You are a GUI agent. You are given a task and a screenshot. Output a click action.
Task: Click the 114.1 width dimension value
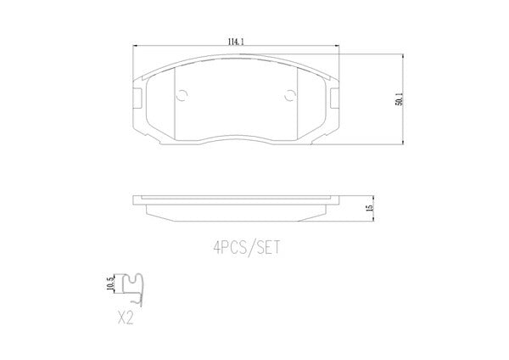click(x=236, y=42)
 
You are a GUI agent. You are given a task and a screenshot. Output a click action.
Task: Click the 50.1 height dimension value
click(x=399, y=99)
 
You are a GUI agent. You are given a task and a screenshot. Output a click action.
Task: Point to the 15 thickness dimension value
click(x=369, y=208)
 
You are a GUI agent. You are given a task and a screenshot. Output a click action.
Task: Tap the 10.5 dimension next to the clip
click(x=111, y=284)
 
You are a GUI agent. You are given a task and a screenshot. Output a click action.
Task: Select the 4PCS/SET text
click(x=246, y=248)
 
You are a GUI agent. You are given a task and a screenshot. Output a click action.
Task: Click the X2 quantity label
click(x=126, y=318)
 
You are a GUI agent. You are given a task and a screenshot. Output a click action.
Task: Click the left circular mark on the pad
click(x=182, y=95)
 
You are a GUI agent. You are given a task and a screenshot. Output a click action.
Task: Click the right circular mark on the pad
click(x=290, y=96)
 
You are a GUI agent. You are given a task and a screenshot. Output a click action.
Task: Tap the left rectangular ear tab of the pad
click(x=137, y=98)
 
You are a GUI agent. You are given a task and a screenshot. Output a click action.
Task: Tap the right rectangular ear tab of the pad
click(x=335, y=98)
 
